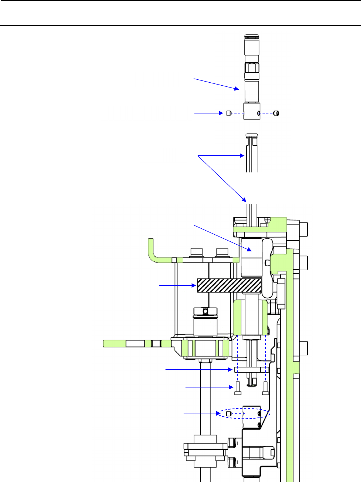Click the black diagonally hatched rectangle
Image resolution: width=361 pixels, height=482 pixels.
click(x=229, y=285)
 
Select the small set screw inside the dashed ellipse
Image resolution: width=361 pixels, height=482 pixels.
click(x=228, y=413)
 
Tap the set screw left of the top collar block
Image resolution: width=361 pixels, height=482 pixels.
click(x=229, y=113)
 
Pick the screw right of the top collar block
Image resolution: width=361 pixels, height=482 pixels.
click(x=276, y=113)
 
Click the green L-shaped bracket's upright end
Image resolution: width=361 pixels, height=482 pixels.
click(x=151, y=248)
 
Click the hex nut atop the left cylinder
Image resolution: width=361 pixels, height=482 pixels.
click(x=200, y=311)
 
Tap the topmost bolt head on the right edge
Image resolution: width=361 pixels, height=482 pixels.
click(x=303, y=229)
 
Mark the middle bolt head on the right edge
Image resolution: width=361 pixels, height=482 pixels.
click(x=303, y=263)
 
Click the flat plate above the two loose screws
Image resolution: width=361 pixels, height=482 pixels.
click(x=250, y=370)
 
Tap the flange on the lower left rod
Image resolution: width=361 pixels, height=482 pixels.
click(x=205, y=450)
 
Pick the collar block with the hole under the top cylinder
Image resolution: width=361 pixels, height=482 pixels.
click(x=252, y=111)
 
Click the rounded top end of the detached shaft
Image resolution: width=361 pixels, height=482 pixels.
click(x=252, y=135)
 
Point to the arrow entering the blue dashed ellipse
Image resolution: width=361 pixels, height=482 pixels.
click(x=202, y=413)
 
